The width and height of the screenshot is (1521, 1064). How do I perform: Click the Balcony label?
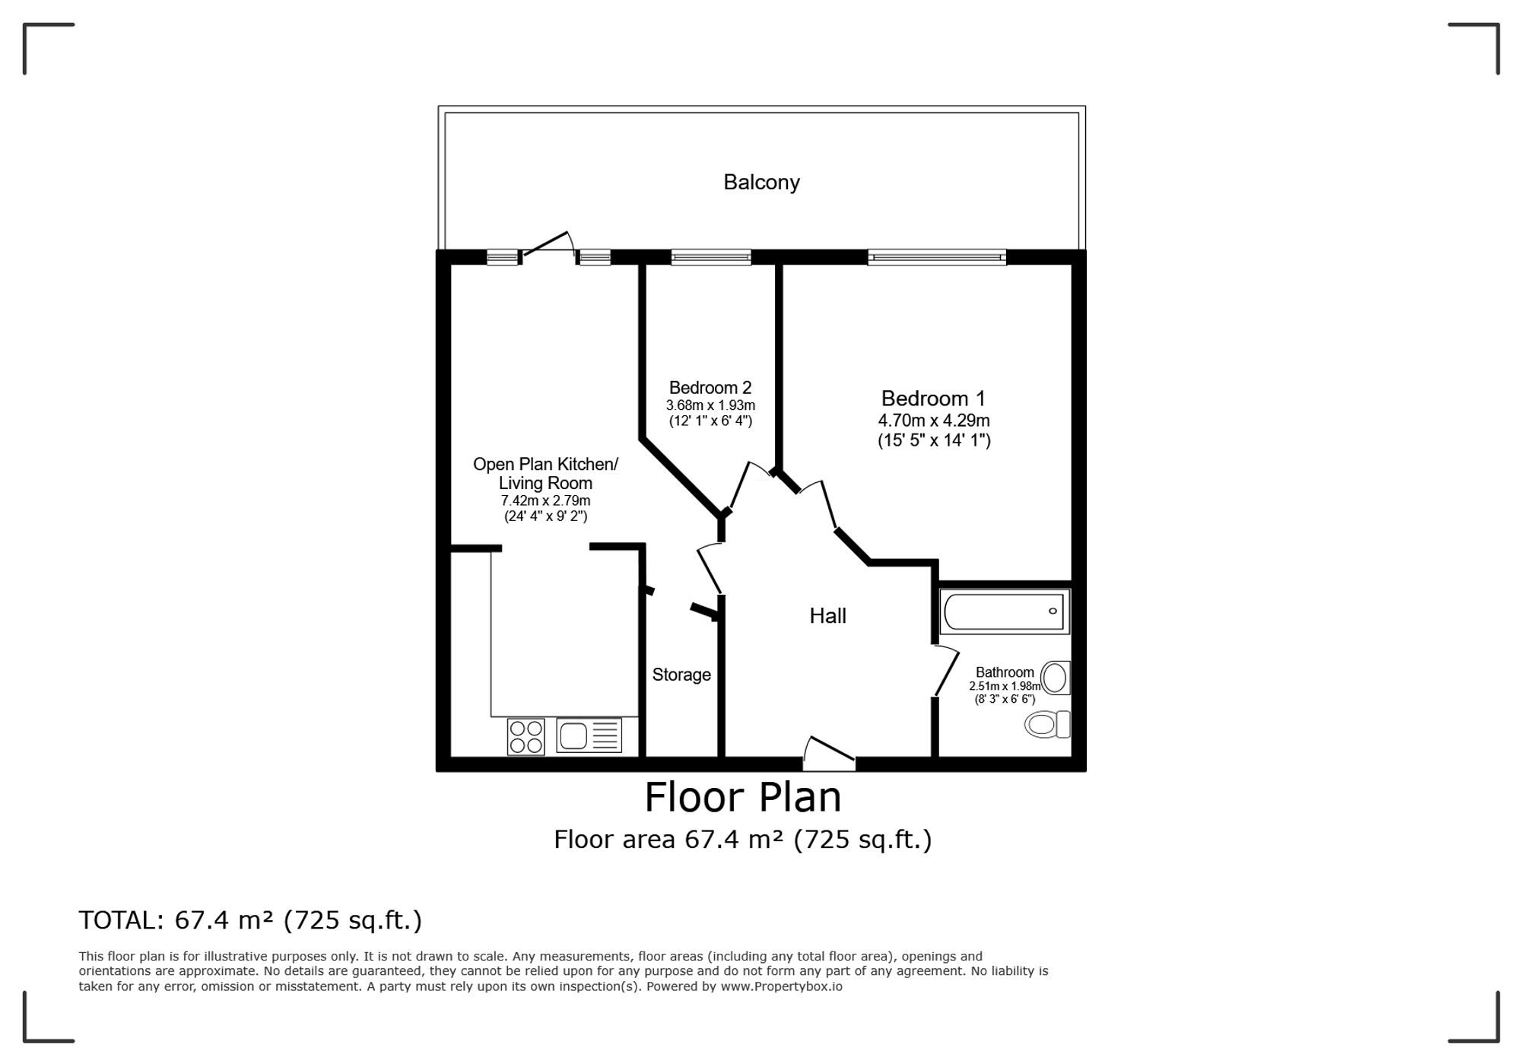761,183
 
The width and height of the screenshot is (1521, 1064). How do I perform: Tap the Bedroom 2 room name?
710,388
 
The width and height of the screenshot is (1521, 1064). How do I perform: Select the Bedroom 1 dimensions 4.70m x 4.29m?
934,421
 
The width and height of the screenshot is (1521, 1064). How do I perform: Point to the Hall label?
827,615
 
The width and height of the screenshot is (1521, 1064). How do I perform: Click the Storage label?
681,675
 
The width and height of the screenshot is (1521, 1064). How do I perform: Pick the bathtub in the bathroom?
1005,611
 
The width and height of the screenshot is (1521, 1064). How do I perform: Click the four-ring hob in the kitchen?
526,736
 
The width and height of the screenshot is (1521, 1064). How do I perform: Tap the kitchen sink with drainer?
589,735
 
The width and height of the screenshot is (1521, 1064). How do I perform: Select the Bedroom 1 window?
937,257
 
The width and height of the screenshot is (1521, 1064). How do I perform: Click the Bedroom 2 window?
711,257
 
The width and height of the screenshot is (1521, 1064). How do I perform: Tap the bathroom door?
946,670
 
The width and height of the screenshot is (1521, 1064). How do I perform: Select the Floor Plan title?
743,798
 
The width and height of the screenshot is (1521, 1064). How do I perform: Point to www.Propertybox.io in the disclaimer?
782,986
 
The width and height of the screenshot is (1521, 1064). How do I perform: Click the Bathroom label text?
1005,672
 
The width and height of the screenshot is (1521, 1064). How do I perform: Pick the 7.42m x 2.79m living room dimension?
545,501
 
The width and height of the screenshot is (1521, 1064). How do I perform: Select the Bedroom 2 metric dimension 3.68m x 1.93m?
710,405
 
